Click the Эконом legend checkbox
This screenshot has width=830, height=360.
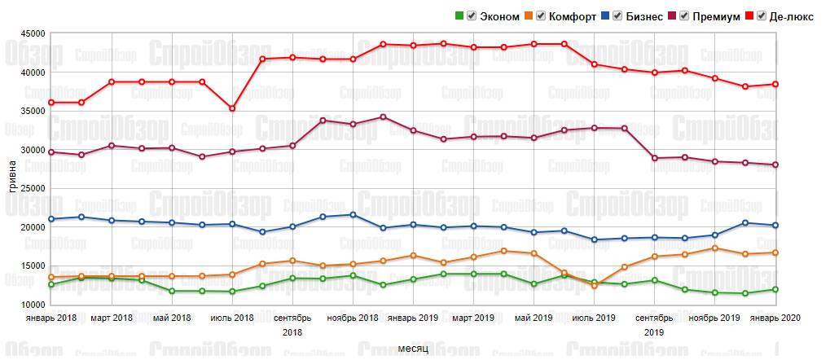pyautogui.click(x=472, y=16)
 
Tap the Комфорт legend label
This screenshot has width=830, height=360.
pyautogui.click(x=572, y=16)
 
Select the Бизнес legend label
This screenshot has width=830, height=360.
pyautogui.click(x=643, y=16)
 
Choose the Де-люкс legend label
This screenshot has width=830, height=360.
pyautogui.click(x=794, y=16)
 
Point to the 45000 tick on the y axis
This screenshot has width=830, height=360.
pyautogui.click(x=32, y=33)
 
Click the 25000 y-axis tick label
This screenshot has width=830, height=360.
pyautogui.click(x=32, y=188)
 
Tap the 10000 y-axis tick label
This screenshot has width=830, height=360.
pyautogui.click(x=32, y=304)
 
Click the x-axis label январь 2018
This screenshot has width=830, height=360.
pyautogui.click(x=51, y=317)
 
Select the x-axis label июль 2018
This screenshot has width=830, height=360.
pyautogui.click(x=232, y=317)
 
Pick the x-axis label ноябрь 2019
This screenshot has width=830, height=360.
pyautogui.click(x=714, y=317)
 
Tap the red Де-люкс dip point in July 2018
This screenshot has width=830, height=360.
pyautogui.click(x=232, y=108)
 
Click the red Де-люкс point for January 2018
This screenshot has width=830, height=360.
pyautogui.click(x=51, y=103)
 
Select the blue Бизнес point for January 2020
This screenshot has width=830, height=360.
pyautogui.click(x=775, y=226)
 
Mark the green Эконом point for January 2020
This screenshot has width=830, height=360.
pyautogui.click(x=775, y=289)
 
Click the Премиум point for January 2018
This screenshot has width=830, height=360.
pyautogui.click(x=51, y=152)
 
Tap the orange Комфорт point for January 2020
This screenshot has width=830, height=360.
pyautogui.click(x=775, y=252)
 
